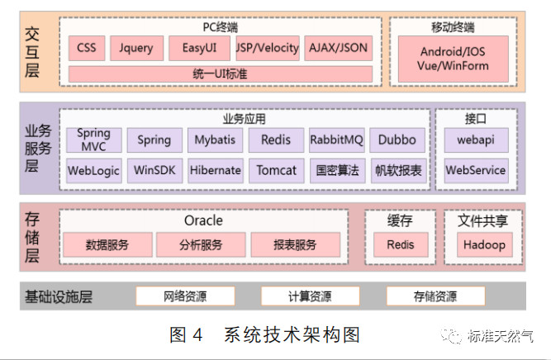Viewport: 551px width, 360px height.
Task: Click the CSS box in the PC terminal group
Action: (x=87, y=48)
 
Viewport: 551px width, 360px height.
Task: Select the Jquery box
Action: (x=136, y=48)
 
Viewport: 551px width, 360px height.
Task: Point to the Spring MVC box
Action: (x=94, y=140)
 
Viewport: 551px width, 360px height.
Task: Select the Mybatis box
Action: (x=215, y=140)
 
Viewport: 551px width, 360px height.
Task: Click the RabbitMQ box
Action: (x=336, y=140)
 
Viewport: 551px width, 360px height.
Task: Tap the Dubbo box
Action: (x=397, y=140)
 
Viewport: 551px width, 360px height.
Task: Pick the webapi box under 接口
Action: (x=476, y=140)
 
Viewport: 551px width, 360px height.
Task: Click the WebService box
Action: (x=476, y=171)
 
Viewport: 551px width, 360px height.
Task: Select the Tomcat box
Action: (x=276, y=171)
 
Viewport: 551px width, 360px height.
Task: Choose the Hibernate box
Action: (x=215, y=171)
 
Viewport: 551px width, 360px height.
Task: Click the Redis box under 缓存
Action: (x=401, y=245)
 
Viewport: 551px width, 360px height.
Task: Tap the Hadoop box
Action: (x=484, y=245)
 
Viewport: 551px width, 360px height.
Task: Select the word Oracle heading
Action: (x=203, y=221)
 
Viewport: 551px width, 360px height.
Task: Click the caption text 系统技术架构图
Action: (x=292, y=334)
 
